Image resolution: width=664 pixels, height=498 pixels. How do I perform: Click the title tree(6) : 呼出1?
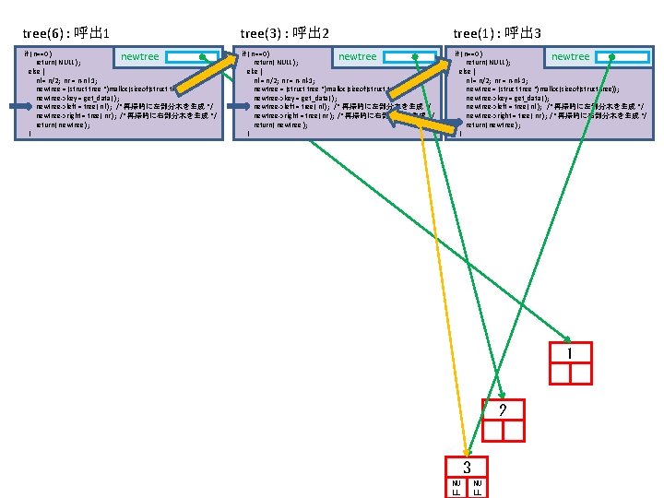66,34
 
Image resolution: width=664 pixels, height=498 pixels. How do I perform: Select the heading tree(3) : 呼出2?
285,34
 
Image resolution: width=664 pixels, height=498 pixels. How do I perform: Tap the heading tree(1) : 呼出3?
497,34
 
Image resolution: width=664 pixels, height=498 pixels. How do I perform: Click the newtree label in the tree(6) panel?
139,57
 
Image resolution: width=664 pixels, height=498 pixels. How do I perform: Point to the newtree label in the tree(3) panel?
357,57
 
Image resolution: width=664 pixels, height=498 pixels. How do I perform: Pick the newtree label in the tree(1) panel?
570,57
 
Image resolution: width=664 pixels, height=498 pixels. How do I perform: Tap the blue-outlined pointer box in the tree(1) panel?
623,56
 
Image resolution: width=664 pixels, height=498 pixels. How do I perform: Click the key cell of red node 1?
570,353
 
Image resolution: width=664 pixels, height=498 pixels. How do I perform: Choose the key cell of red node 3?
467,468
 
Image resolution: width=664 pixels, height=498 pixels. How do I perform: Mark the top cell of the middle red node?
502,410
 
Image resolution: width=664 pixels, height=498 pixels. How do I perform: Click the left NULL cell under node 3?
456,487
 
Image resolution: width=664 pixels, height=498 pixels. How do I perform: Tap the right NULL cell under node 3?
478,487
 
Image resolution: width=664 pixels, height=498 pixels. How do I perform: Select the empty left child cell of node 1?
560,373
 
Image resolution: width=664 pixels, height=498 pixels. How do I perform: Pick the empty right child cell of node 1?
581,373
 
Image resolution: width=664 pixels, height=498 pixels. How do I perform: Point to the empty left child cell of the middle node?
492,431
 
